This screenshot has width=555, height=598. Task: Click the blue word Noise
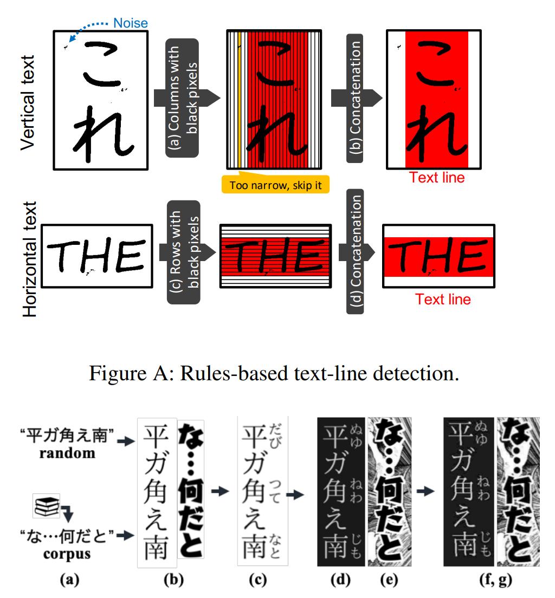tap(130, 23)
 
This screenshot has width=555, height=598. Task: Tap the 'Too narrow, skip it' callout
tap(276, 185)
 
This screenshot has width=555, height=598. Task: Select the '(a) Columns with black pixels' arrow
tap(183, 98)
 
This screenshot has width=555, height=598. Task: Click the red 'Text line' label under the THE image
tap(443, 299)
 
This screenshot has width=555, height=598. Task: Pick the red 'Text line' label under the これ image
tap(437, 177)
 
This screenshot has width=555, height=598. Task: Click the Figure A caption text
tap(277, 374)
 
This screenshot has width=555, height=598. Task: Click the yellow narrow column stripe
tap(239, 101)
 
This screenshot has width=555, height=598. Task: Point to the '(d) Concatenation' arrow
tap(355, 251)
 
